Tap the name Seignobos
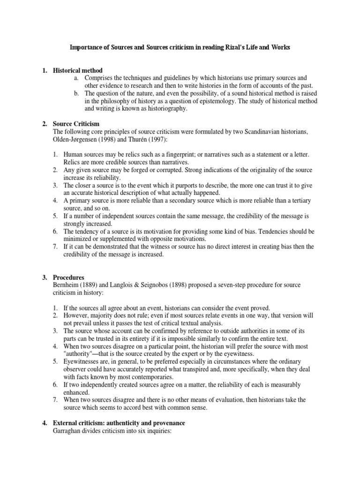(x=152, y=285)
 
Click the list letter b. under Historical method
(x=76, y=93)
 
